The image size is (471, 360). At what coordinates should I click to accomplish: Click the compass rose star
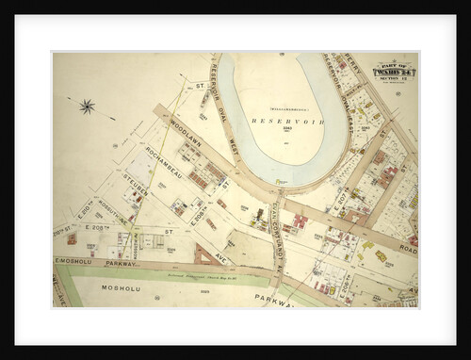87,106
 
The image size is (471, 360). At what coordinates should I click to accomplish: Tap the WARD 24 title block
395,70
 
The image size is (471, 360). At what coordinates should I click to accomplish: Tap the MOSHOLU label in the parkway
121,287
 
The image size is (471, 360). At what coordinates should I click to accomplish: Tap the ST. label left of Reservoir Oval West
201,86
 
